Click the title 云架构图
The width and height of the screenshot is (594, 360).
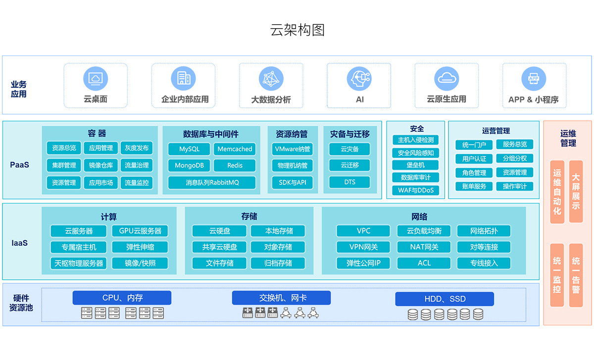click(297, 30)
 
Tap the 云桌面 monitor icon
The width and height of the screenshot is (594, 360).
click(96, 78)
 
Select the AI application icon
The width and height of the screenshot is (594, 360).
click(359, 79)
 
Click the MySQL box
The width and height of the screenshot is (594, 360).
click(189, 149)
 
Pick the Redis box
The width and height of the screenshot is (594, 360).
click(235, 165)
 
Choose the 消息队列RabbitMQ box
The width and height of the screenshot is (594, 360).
click(212, 182)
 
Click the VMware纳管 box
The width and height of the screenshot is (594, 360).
click(292, 149)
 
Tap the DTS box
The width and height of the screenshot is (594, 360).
click(349, 182)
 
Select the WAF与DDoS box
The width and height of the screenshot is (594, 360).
click(415, 190)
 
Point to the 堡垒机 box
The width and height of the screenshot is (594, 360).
click(415, 165)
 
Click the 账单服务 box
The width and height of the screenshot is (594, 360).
click(474, 186)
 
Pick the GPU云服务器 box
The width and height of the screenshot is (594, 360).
click(140, 231)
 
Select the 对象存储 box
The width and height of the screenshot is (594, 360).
click(278, 247)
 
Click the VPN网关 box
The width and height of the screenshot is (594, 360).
click(363, 247)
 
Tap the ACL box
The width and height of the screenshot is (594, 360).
click(424, 263)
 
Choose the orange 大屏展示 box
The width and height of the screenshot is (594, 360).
click(576, 191)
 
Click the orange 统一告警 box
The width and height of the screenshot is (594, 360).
click(576, 275)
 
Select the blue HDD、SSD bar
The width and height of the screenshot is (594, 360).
click(444, 299)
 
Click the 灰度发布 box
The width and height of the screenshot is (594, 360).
click(137, 148)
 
